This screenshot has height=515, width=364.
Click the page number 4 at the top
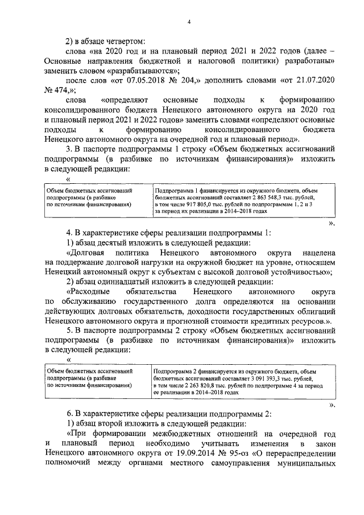[x=189, y=22]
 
